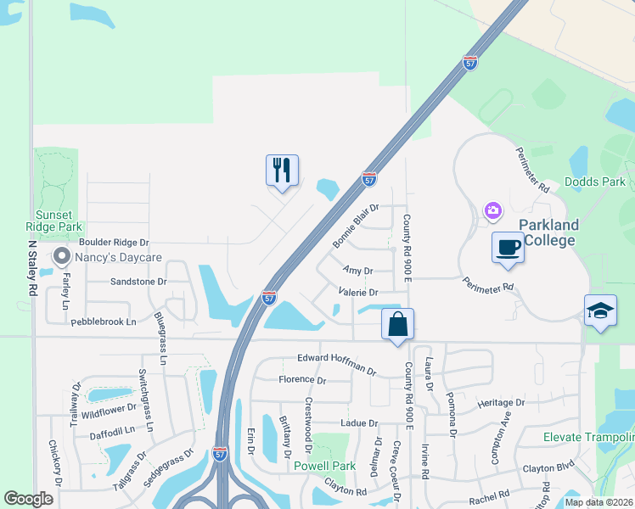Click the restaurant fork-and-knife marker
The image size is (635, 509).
[x=282, y=171]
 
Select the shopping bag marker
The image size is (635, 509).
[x=397, y=324]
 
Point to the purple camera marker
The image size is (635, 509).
[x=492, y=210]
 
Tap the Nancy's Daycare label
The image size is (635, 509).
[x=118, y=256]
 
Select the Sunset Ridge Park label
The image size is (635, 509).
[x=59, y=221]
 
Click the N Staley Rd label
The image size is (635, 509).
[x=32, y=266]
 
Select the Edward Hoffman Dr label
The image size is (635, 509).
[x=336, y=363]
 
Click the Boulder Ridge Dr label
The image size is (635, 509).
[x=115, y=243]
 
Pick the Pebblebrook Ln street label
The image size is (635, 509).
[x=104, y=322]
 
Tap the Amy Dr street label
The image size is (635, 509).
[x=357, y=271]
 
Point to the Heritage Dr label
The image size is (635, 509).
[x=501, y=403]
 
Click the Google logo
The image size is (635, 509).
[x=28, y=499]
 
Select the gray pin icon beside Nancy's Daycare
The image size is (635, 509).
[x=61, y=255]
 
